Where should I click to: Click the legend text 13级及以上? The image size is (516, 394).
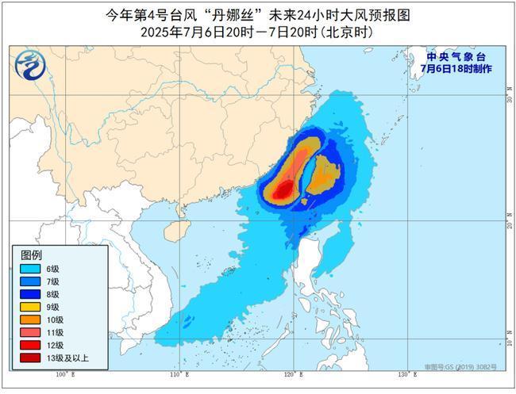[x=67, y=358]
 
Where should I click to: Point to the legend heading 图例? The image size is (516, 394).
[x=31, y=254]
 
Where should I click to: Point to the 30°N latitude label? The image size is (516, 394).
[x=507, y=101]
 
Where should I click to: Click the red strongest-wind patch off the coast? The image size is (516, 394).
[x=283, y=190]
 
